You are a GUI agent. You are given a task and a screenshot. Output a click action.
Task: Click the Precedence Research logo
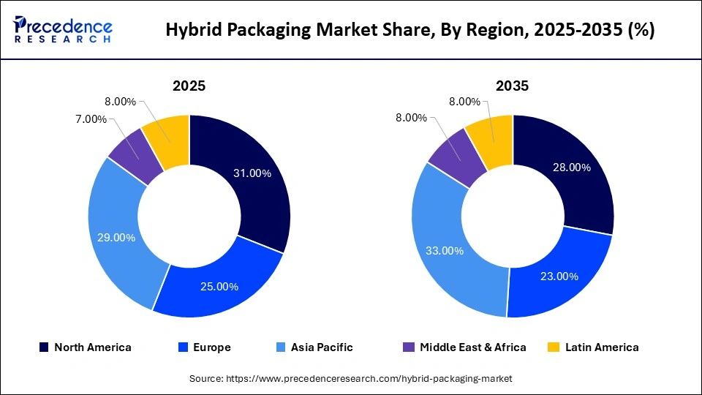(63, 29)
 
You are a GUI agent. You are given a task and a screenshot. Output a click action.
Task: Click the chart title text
(410, 30)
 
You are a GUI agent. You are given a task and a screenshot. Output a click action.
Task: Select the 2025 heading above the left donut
(189, 86)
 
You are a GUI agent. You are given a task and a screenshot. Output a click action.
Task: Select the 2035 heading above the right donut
(512, 86)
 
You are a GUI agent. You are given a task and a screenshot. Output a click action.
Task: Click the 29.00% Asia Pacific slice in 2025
(117, 238)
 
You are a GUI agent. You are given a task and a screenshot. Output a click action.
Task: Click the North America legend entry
(86, 347)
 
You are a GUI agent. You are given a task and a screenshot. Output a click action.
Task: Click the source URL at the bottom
(350, 378)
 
